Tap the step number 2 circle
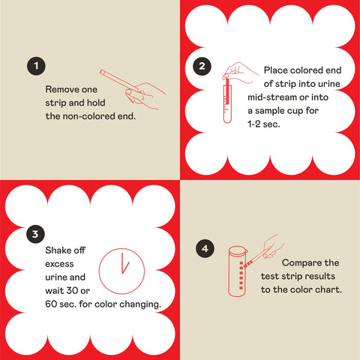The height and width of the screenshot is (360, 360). pos(201,66)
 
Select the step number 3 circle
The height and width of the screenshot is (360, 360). pos(34,234)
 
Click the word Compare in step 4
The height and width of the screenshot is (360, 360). pos(300,263)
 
